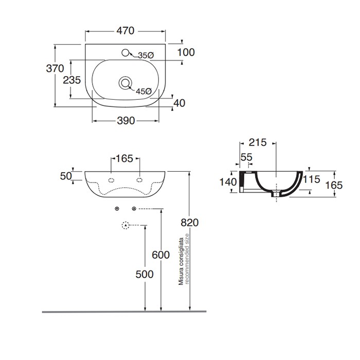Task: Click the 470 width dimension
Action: click(x=124, y=31)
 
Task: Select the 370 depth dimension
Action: click(x=55, y=68)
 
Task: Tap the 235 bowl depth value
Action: click(x=72, y=80)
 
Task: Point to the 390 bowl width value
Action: click(x=125, y=121)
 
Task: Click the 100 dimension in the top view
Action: click(x=186, y=52)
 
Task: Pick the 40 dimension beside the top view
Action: click(x=179, y=103)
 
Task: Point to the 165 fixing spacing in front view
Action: click(x=125, y=158)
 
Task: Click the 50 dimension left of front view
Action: click(x=65, y=176)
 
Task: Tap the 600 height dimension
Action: click(x=161, y=254)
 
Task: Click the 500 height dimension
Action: click(x=145, y=274)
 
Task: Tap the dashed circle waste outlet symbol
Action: click(x=125, y=225)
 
